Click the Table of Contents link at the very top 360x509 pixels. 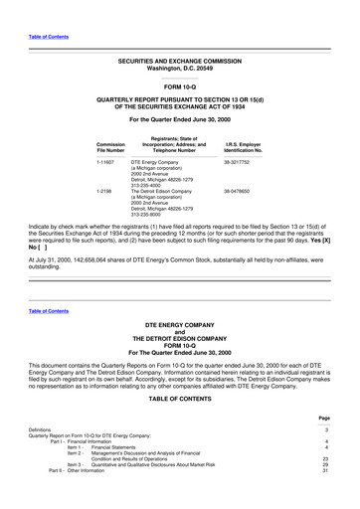click(49, 37)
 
